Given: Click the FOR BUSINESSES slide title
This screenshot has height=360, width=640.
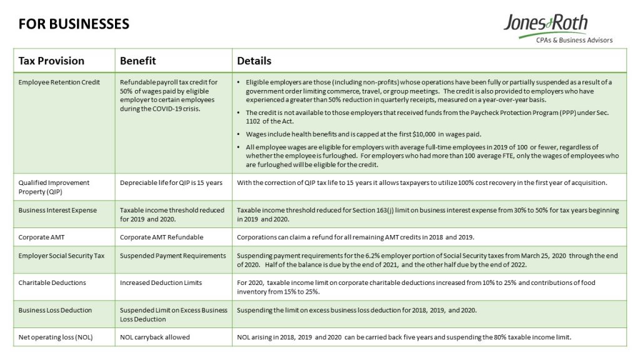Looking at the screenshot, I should click(x=74, y=24).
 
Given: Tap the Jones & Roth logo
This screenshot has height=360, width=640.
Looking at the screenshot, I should click(x=546, y=24).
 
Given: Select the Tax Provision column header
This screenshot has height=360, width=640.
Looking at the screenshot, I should click(x=51, y=61).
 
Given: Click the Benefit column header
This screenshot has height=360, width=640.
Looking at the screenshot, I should click(x=137, y=61).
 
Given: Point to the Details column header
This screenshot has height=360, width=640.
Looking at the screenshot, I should click(x=254, y=61).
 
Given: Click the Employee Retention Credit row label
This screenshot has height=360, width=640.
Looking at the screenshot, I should click(x=59, y=82).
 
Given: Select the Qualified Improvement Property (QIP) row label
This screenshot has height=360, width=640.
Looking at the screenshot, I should click(x=54, y=187).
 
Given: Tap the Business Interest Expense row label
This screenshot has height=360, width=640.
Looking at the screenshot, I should click(x=57, y=210).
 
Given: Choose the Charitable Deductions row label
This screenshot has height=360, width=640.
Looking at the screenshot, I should click(x=52, y=282).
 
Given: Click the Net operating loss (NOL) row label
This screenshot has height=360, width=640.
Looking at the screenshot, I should click(x=56, y=337).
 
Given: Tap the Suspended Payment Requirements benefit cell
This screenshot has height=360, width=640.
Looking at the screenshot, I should click(x=172, y=255).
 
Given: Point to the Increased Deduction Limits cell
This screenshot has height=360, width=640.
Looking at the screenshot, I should click(x=161, y=282).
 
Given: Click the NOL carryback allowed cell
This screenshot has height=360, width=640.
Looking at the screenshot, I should click(x=154, y=337).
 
